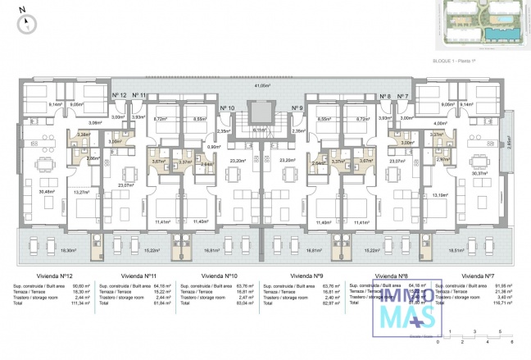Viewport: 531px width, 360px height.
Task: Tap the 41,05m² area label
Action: pos(262,84)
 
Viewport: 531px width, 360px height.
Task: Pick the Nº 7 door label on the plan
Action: pos(403,96)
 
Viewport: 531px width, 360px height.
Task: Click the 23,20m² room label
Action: pos(238,161)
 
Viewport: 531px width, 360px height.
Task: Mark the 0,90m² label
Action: pos(214,146)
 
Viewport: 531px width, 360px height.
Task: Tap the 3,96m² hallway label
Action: pos(95,123)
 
